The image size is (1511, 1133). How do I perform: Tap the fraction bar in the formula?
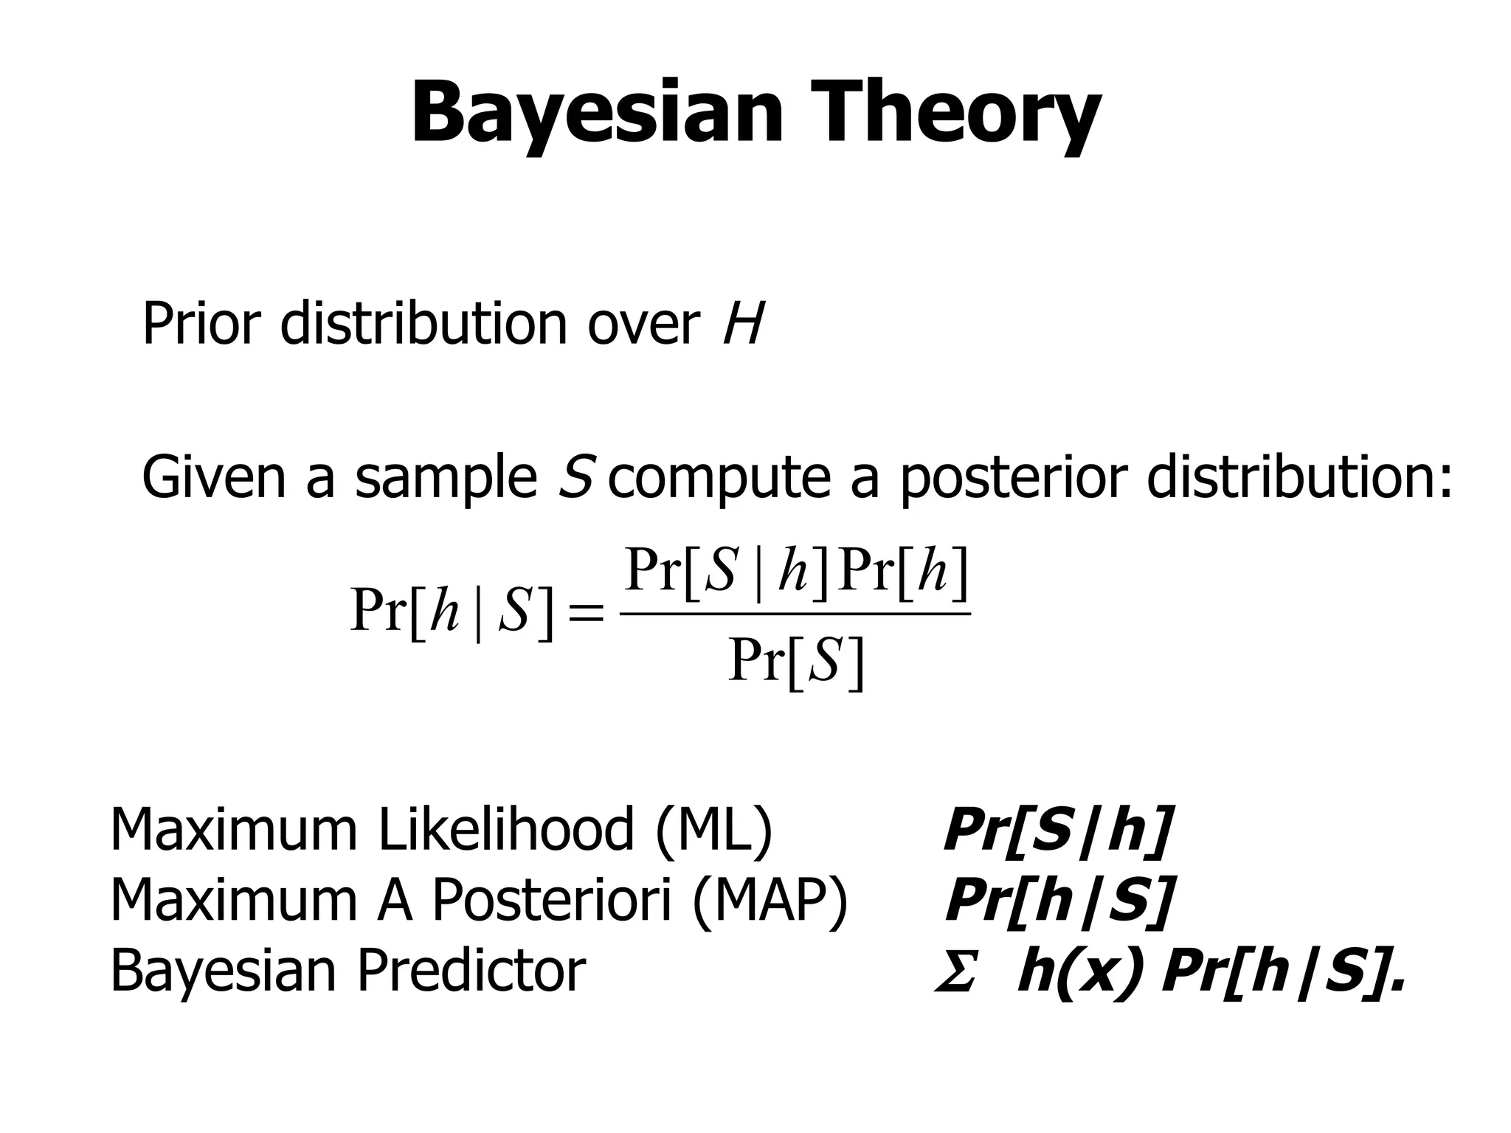(x=795, y=613)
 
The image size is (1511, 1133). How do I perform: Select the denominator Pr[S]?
(x=795, y=662)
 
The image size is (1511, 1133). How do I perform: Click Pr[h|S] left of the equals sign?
(x=452, y=611)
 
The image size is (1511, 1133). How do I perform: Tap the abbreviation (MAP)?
(x=770, y=901)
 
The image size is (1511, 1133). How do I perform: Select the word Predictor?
(x=471, y=971)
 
